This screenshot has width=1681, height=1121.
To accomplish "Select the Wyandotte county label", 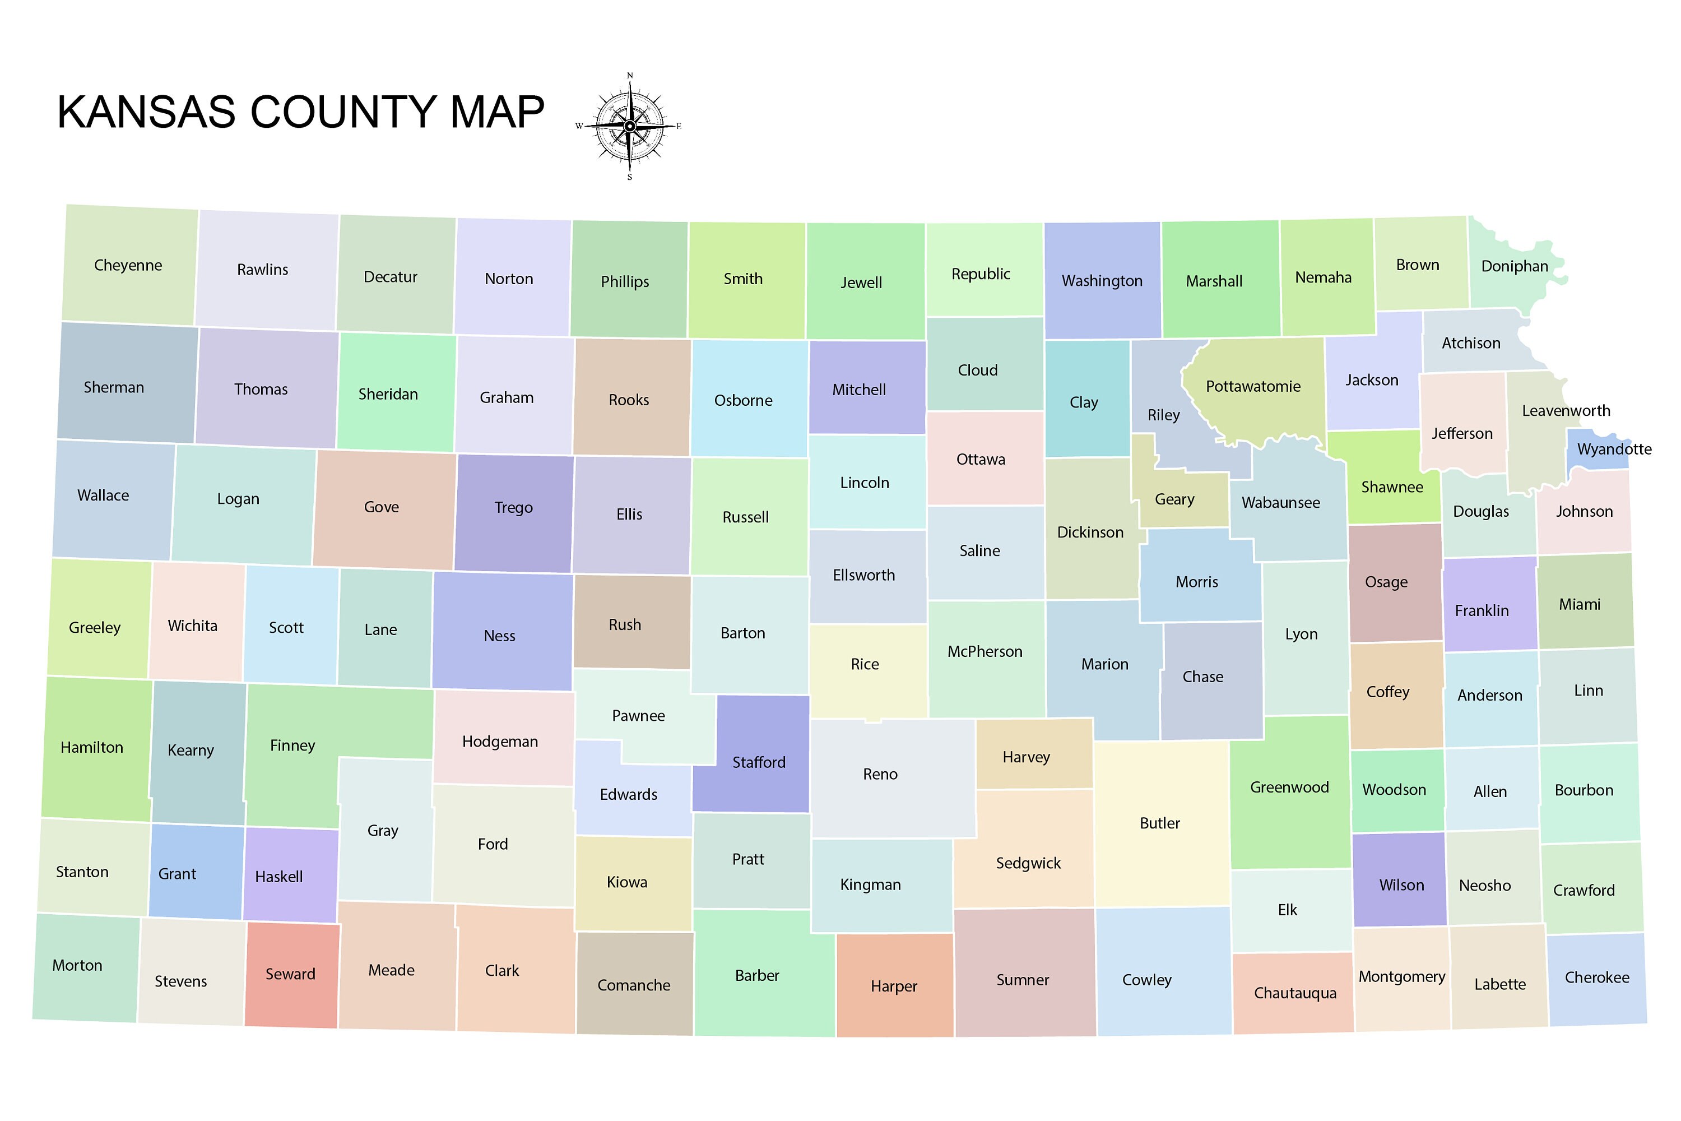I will point(1614,449).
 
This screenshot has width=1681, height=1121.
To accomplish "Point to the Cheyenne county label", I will point(128,265).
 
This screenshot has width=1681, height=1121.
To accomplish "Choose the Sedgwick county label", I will point(1028,863).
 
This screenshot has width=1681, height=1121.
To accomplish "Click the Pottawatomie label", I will point(1253,386).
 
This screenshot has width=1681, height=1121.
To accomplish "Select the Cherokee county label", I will point(1596,978).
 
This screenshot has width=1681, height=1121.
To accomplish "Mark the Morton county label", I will point(77,965).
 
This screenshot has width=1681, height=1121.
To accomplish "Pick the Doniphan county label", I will point(1515,266).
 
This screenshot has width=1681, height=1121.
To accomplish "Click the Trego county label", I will point(513,508).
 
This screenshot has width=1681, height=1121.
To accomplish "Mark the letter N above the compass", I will point(630,75).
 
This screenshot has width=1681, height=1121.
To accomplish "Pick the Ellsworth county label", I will point(863,575).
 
